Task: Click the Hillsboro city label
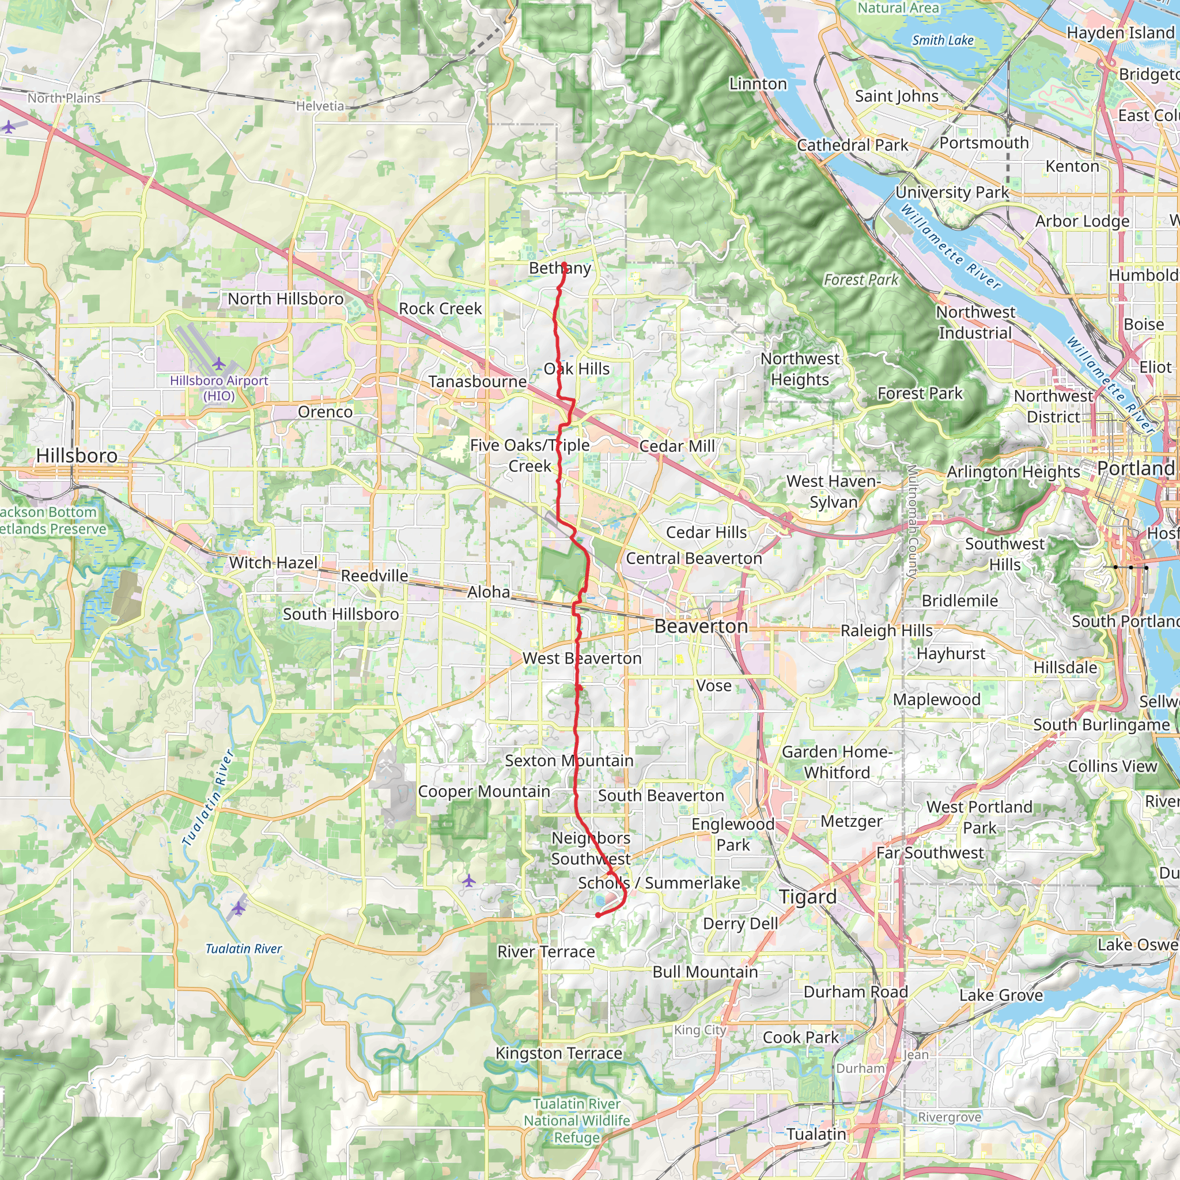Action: coord(77,456)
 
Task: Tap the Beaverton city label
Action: coord(701,626)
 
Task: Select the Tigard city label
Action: coord(807,897)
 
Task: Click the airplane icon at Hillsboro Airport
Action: coord(218,364)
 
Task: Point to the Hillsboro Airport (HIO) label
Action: coord(218,388)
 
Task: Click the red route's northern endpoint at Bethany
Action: coord(564,264)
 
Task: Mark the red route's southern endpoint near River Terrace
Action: coord(598,915)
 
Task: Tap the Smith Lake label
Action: coord(943,40)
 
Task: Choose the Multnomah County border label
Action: coord(912,522)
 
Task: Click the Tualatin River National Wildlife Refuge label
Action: coord(577,1121)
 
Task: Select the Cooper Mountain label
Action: coord(484,792)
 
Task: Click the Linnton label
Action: coord(758,84)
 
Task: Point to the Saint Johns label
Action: coord(896,96)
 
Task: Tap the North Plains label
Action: coord(63,98)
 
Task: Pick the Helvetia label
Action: coord(320,106)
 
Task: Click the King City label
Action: coord(700,1030)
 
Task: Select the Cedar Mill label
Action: coord(677,446)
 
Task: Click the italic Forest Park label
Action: coord(861,279)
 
